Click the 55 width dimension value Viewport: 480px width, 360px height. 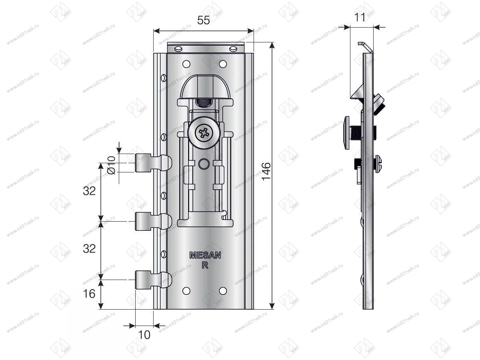click(x=204, y=21)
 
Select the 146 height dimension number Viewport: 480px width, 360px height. click(x=266, y=171)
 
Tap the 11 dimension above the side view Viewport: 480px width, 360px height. click(x=360, y=17)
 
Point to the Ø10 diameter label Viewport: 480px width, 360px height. click(x=112, y=164)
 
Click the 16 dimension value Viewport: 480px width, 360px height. click(x=89, y=294)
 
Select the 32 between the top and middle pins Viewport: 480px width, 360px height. click(x=89, y=191)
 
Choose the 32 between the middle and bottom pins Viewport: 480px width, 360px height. click(x=89, y=248)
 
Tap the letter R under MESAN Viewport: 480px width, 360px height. click(x=204, y=265)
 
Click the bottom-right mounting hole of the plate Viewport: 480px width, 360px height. click(x=223, y=290)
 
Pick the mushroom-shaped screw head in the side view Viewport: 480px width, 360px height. click(x=347, y=132)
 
